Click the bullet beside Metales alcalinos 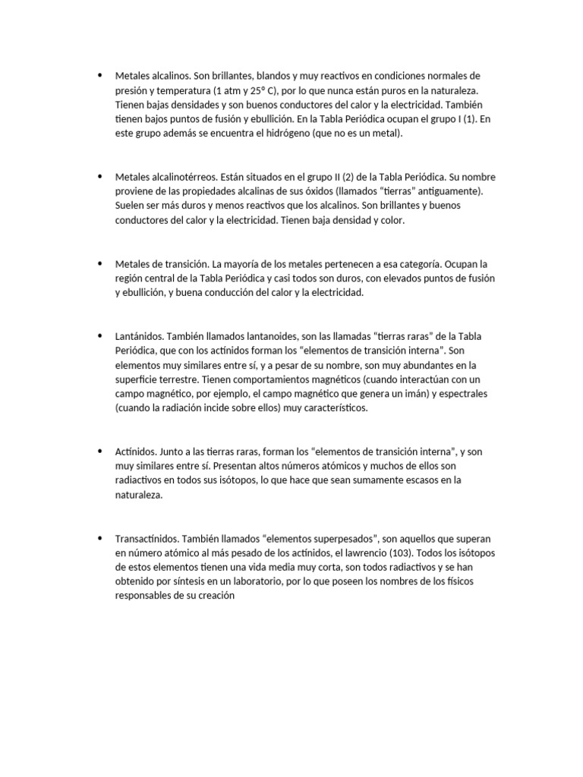99,76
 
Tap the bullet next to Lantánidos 99,335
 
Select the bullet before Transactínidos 99,538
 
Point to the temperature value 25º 255,90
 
